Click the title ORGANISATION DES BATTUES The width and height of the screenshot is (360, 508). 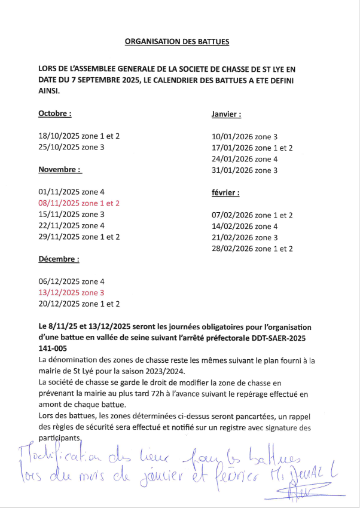pyautogui.click(x=176, y=42)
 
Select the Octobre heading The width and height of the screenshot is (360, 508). pyautogui.click(x=55, y=114)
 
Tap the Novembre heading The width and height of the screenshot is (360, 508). pyautogui.click(x=60, y=169)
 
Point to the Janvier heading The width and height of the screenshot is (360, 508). pyautogui.click(x=226, y=114)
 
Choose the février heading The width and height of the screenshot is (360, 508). pyautogui.click(x=225, y=193)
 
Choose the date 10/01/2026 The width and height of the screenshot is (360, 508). pyautogui.click(x=232, y=136)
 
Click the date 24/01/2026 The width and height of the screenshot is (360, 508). pyautogui.click(x=232, y=159)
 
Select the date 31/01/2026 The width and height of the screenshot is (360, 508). pyautogui.click(x=232, y=170)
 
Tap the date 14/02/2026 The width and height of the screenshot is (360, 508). pyautogui.click(x=232, y=227)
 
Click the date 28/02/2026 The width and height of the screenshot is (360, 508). pyautogui.click(x=232, y=249)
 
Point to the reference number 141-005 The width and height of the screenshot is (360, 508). pyautogui.click(x=53, y=348)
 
